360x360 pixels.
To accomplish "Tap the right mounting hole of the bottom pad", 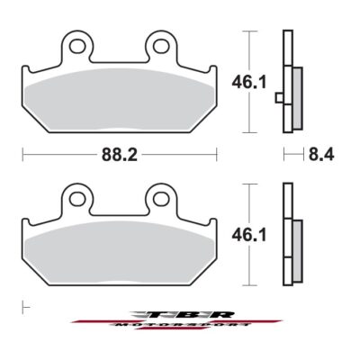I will [160, 197].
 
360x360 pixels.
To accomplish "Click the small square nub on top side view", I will [279, 97].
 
